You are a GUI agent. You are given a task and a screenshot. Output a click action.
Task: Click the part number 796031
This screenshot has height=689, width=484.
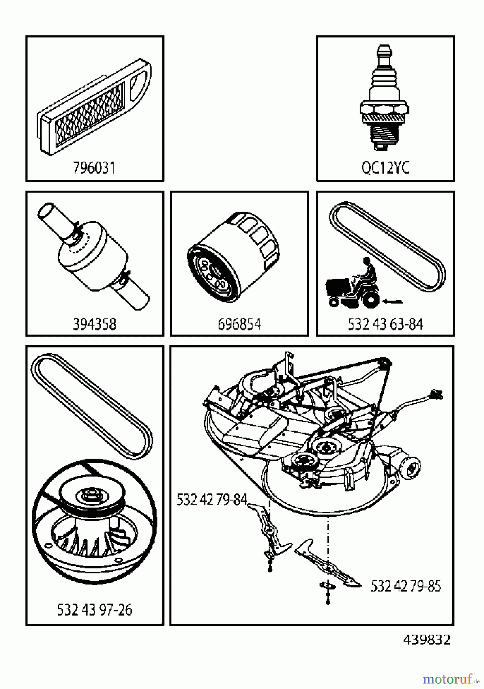(94, 168)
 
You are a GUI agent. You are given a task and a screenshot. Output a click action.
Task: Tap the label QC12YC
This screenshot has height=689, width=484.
(385, 168)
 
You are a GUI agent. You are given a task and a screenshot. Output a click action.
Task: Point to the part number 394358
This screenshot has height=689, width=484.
(94, 324)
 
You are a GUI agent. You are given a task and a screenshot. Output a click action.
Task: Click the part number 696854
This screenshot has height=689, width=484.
(239, 324)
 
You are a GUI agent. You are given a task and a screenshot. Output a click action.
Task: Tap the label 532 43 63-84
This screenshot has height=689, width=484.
(385, 324)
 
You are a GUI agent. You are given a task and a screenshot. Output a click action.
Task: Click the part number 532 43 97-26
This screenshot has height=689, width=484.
(94, 610)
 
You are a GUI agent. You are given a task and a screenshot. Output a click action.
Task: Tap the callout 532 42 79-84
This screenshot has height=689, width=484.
(212, 500)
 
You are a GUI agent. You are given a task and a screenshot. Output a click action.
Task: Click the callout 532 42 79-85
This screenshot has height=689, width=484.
(406, 586)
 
